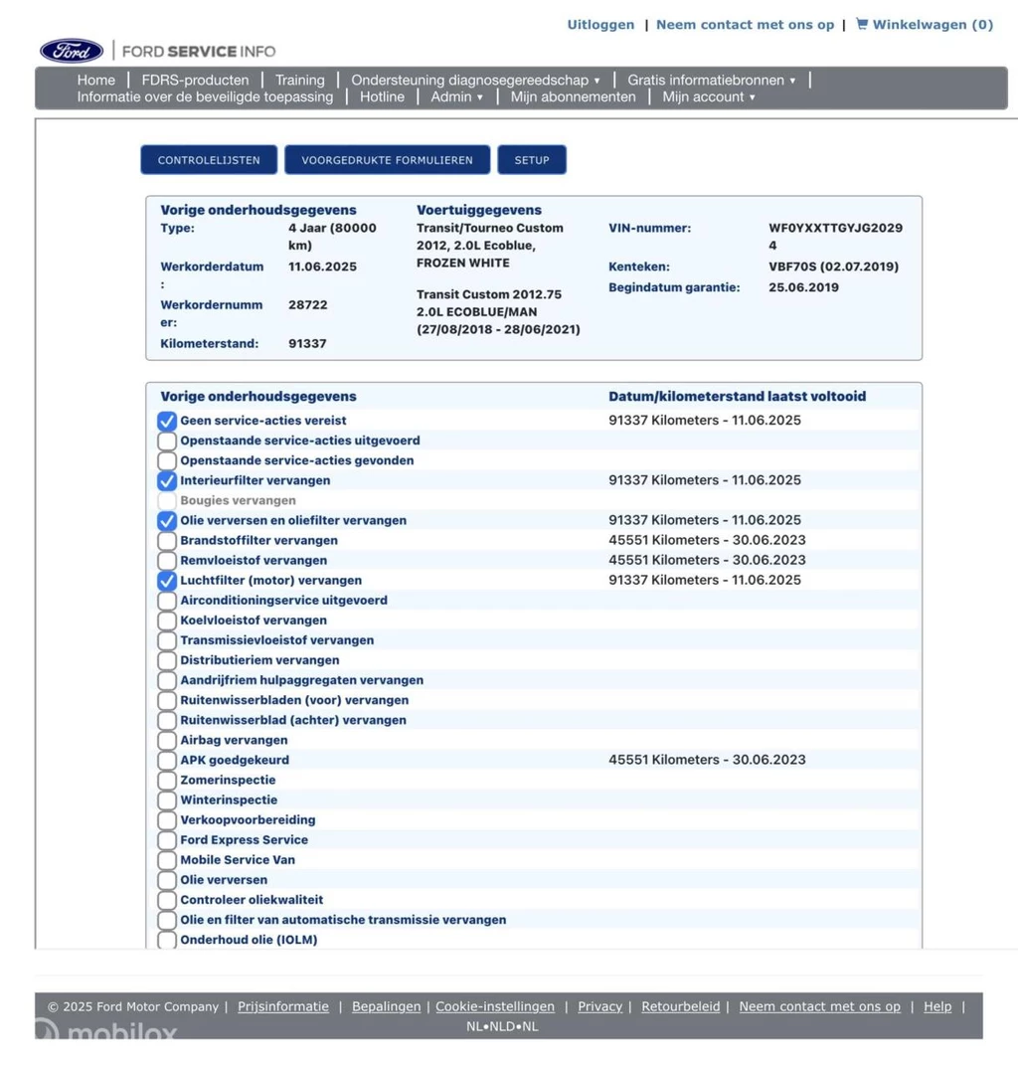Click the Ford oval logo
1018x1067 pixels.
pyautogui.click(x=72, y=51)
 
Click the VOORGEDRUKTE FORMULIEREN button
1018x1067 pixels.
pyautogui.click(x=387, y=160)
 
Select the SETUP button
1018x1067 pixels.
pyautogui.click(x=532, y=160)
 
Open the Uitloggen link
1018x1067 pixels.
pyautogui.click(x=600, y=25)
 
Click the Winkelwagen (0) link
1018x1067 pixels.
pyautogui.click(x=925, y=25)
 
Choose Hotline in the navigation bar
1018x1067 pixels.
pyautogui.click(x=382, y=96)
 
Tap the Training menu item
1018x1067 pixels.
pyautogui.click(x=300, y=80)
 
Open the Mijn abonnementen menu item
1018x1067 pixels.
pyautogui.click(x=573, y=96)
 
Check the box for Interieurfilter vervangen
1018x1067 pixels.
pyautogui.click(x=167, y=481)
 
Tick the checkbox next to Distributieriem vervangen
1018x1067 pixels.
pyautogui.click(x=167, y=660)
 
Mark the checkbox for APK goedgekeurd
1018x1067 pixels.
pyautogui.click(x=167, y=761)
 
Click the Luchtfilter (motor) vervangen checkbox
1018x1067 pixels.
pyautogui.click(x=167, y=581)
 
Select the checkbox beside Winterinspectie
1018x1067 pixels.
pyautogui.click(x=167, y=800)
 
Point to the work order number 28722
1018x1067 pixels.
pyautogui.click(x=308, y=305)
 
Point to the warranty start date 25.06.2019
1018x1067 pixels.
pyautogui.click(x=803, y=287)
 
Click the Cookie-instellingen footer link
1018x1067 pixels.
pyautogui.click(x=495, y=1006)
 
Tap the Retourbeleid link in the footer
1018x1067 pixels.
pyautogui.click(x=681, y=1006)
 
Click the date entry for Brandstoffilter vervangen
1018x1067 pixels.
pyautogui.click(x=707, y=540)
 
